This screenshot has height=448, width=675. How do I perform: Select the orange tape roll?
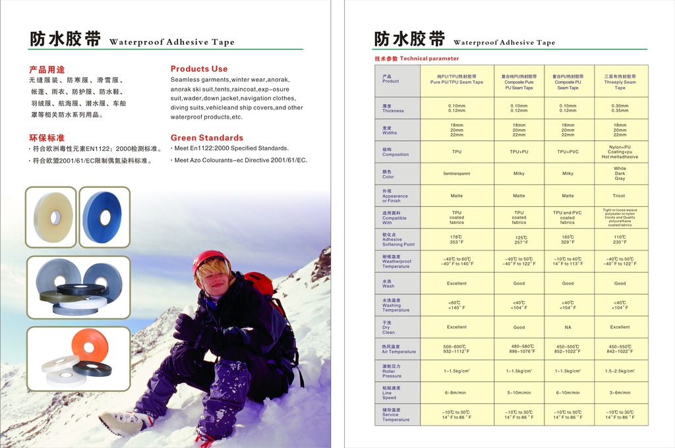90,344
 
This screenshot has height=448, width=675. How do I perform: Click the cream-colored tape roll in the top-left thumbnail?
52,216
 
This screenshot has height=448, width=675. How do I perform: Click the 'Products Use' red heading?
199,69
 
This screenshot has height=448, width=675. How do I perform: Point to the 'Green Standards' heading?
207,138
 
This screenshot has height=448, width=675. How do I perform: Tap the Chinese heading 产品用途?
47,69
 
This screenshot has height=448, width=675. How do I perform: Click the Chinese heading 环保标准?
47,138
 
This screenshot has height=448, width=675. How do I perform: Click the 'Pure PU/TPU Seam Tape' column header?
457,80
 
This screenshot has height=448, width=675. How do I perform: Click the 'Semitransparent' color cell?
457,174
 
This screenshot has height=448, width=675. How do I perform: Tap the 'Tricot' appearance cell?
620,196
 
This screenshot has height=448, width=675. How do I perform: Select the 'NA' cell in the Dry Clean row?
568,327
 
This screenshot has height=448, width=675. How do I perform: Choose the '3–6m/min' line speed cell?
620,393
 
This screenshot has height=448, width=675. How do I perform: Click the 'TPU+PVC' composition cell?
568,152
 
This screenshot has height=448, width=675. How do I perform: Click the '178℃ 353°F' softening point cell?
457,240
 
